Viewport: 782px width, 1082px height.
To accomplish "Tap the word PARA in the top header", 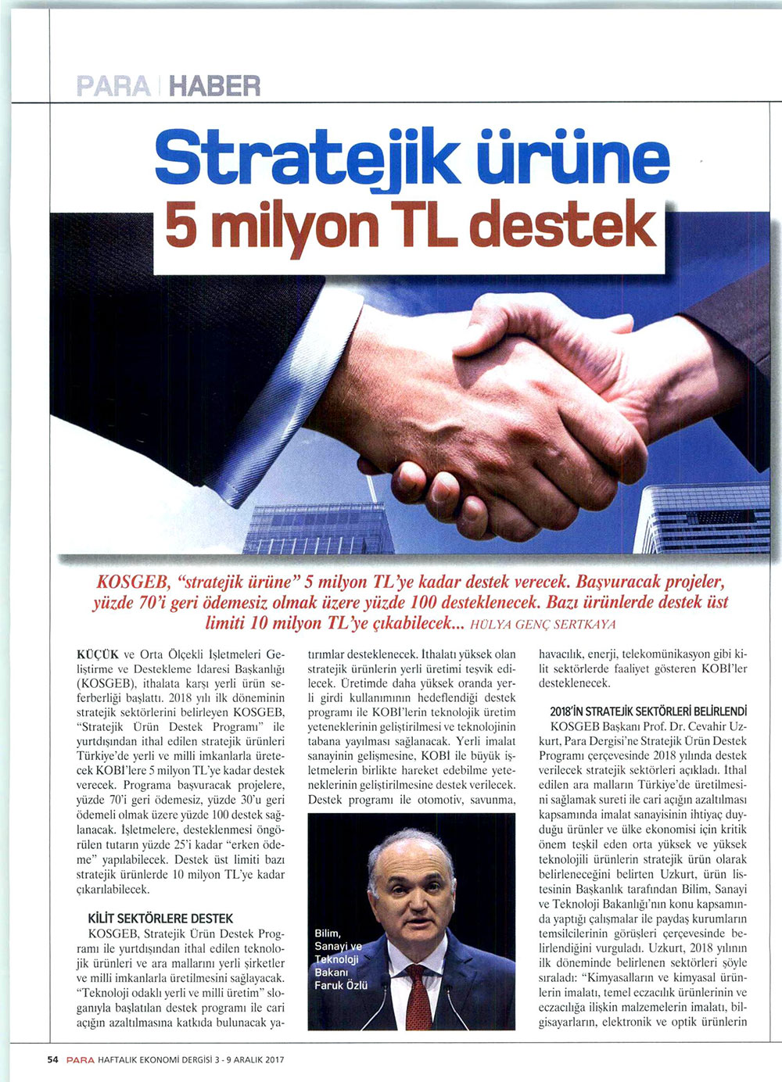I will [x=115, y=84].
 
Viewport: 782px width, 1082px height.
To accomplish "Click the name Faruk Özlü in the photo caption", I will [x=341, y=985].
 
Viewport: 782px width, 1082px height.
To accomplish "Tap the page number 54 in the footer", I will [x=53, y=1060].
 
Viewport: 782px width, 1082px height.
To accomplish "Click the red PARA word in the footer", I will [x=80, y=1060].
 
